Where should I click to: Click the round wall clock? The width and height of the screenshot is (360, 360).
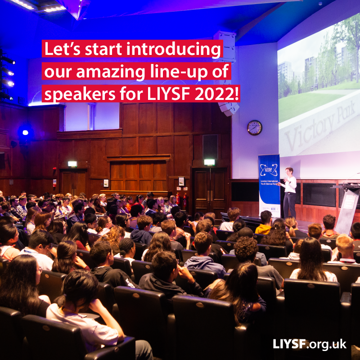coord(254,127)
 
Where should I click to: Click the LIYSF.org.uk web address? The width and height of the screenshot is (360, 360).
coord(310,344)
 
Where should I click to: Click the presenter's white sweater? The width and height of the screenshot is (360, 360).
coord(290,184)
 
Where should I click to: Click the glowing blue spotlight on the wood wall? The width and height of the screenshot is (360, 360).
coord(25,132)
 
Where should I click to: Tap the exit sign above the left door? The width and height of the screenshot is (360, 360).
coord(72,164)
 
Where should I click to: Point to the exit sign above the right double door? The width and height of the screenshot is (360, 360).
coord(209,162)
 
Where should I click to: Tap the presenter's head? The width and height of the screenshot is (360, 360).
coord(288,171)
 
